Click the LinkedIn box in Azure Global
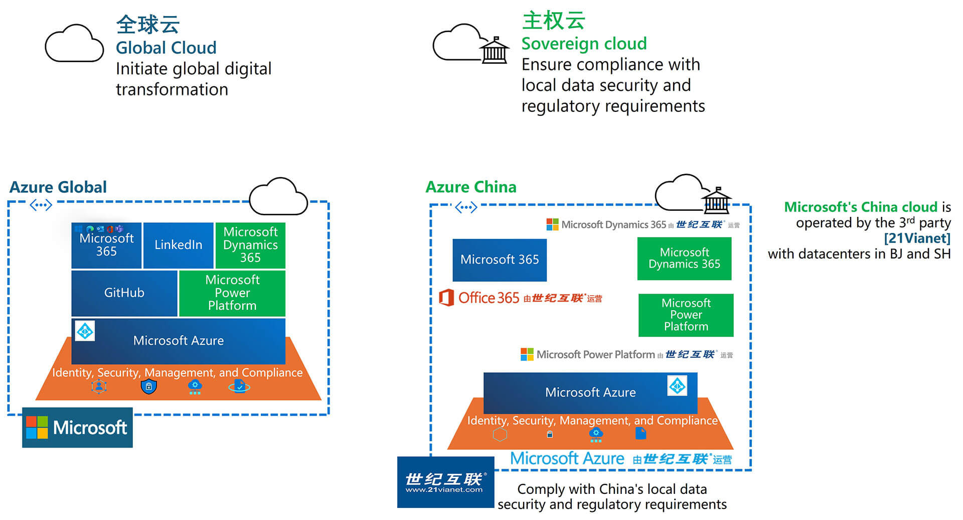pyautogui.click(x=178, y=245)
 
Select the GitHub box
pyautogui.click(x=124, y=293)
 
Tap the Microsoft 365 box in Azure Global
pyautogui.click(x=106, y=245)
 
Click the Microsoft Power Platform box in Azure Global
pyautogui.click(x=232, y=293)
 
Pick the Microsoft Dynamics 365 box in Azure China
pyautogui.click(x=684, y=258)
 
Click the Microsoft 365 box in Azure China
pyautogui.click(x=500, y=259)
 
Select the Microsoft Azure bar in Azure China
pyautogui.click(x=590, y=392)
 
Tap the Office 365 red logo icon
pyautogui.click(x=446, y=298)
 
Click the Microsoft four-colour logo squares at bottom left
pyautogui.click(x=37, y=427)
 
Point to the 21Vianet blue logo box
pyautogui.click(x=445, y=482)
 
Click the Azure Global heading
pyautogui.click(x=58, y=187)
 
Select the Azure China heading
pyautogui.click(x=470, y=187)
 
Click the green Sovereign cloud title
pyautogui.click(x=584, y=44)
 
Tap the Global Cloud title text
pyautogui.click(x=166, y=48)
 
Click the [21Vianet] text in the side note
pyautogui.click(x=917, y=238)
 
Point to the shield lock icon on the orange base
pyautogui.click(x=148, y=386)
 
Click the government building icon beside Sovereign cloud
pyautogui.click(x=495, y=50)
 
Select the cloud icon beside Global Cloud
pyautogui.click(x=74, y=44)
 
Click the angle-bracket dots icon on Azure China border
pyautogui.click(x=466, y=207)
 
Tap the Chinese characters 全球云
pyautogui.click(x=147, y=24)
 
